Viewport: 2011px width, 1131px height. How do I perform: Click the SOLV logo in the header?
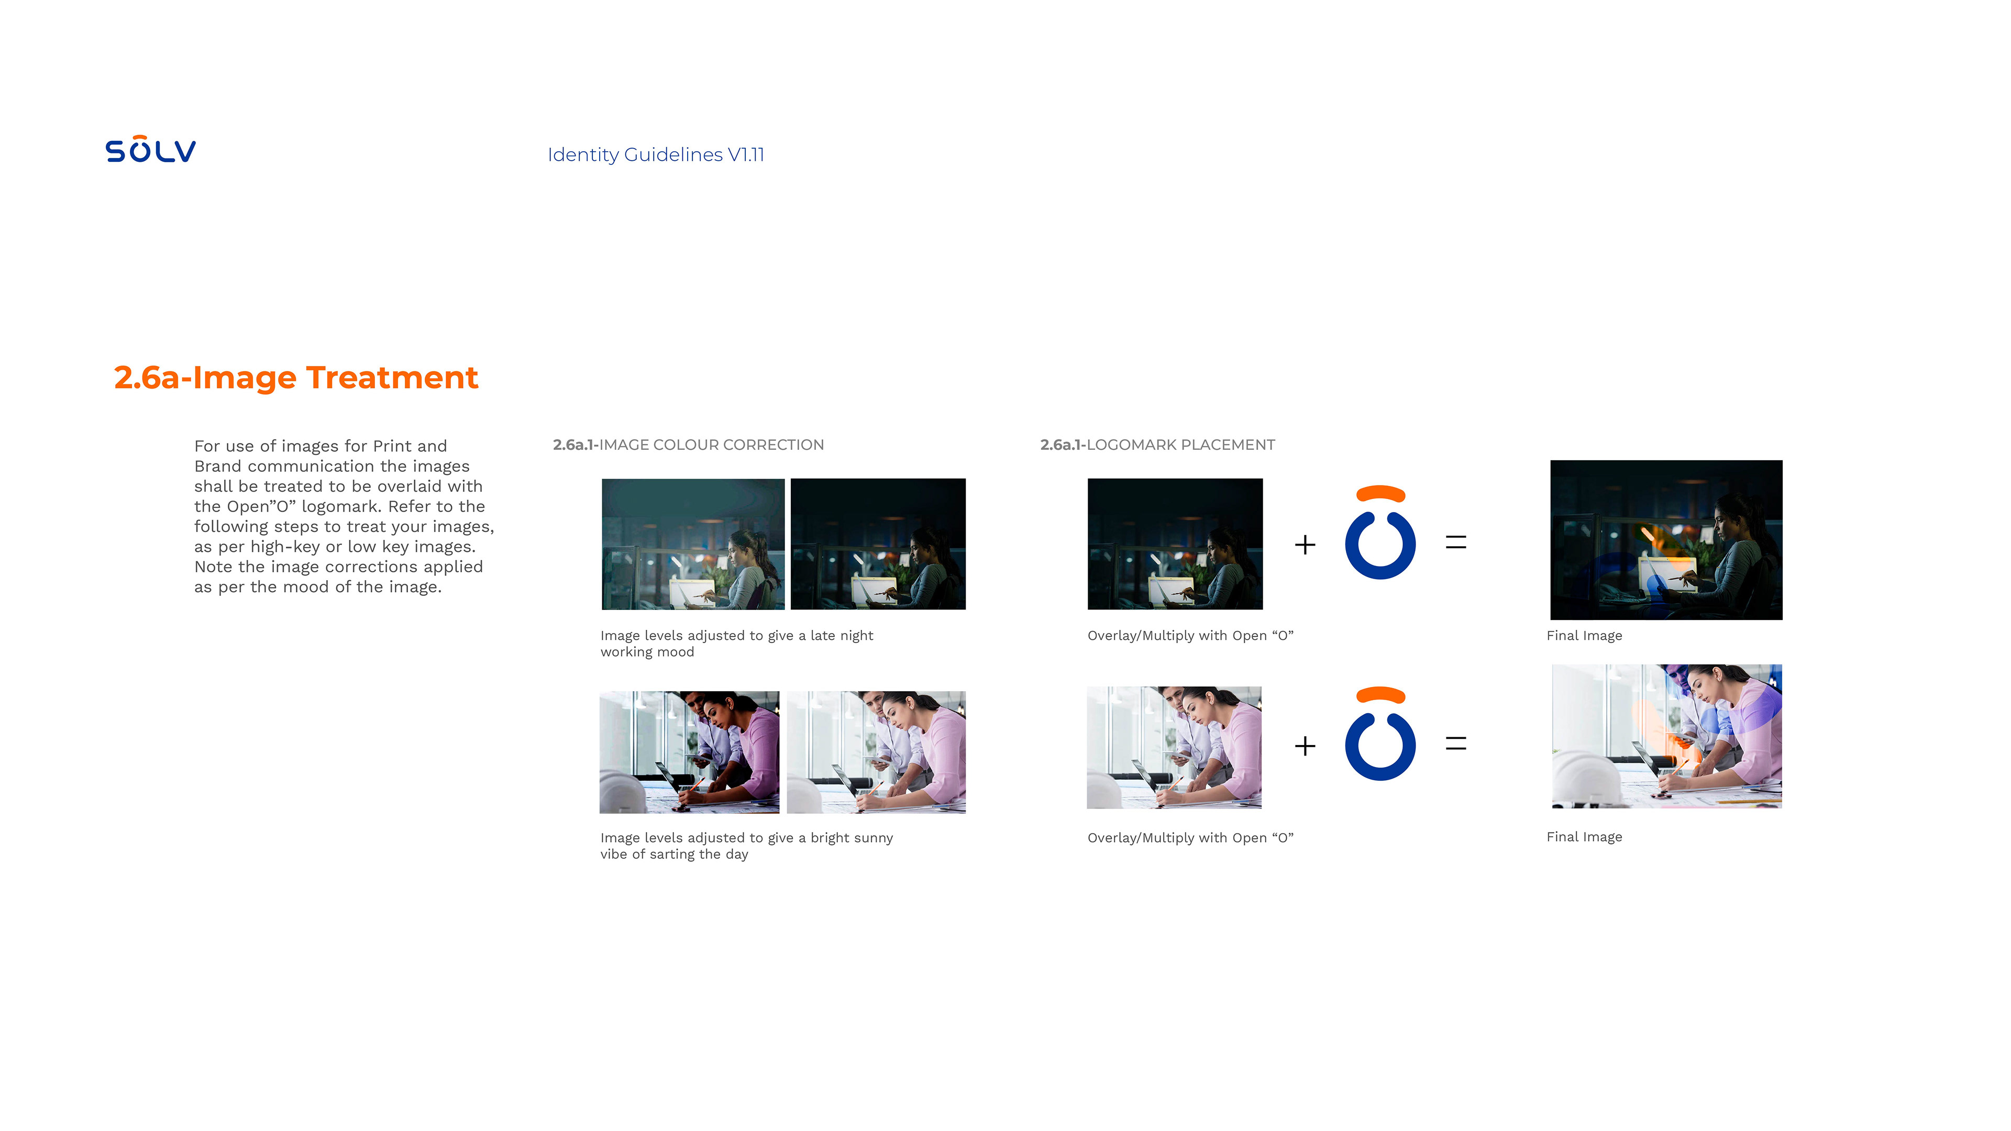151,149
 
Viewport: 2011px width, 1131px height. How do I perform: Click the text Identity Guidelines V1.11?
656,154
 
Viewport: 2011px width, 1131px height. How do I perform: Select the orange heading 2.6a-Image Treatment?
296,377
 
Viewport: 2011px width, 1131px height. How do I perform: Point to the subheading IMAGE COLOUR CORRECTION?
711,445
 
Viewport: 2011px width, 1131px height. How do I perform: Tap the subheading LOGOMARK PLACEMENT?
1180,445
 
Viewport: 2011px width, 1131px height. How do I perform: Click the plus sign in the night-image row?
1305,544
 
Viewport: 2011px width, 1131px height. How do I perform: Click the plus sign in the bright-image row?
1305,746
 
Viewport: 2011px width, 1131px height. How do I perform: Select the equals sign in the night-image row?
1456,542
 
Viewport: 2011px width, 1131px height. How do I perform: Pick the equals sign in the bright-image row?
1456,744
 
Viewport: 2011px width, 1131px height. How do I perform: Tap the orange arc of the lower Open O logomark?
1380,694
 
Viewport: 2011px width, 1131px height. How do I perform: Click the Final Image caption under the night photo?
1584,635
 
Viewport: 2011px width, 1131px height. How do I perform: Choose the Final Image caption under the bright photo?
1584,837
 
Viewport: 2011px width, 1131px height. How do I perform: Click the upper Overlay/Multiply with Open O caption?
1190,635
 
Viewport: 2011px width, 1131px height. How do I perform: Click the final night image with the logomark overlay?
1666,540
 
